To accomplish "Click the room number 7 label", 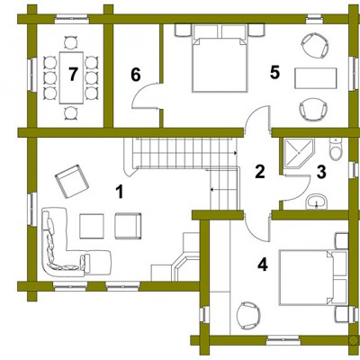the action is [x=73, y=74].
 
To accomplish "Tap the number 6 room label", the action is [x=136, y=75].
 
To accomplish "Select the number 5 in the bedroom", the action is [x=274, y=72].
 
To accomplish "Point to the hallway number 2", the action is [x=260, y=172].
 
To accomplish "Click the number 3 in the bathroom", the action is [x=321, y=173].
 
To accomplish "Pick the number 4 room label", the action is [x=263, y=265].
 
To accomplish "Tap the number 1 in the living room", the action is [x=120, y=192].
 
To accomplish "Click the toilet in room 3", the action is [x=336, y=148].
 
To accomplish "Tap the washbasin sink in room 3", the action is [x=316, y=202].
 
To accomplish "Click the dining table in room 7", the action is [x=71, y=77].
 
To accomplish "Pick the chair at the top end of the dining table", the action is [x=71, y=42].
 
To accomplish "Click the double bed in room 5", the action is [x=220, y=65].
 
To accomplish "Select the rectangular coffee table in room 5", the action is [x=315, y=78].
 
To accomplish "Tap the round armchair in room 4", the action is [x=248, y=315].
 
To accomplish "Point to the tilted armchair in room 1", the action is [x=72, y=181].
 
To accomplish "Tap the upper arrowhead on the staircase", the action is [x=236, y=153].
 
